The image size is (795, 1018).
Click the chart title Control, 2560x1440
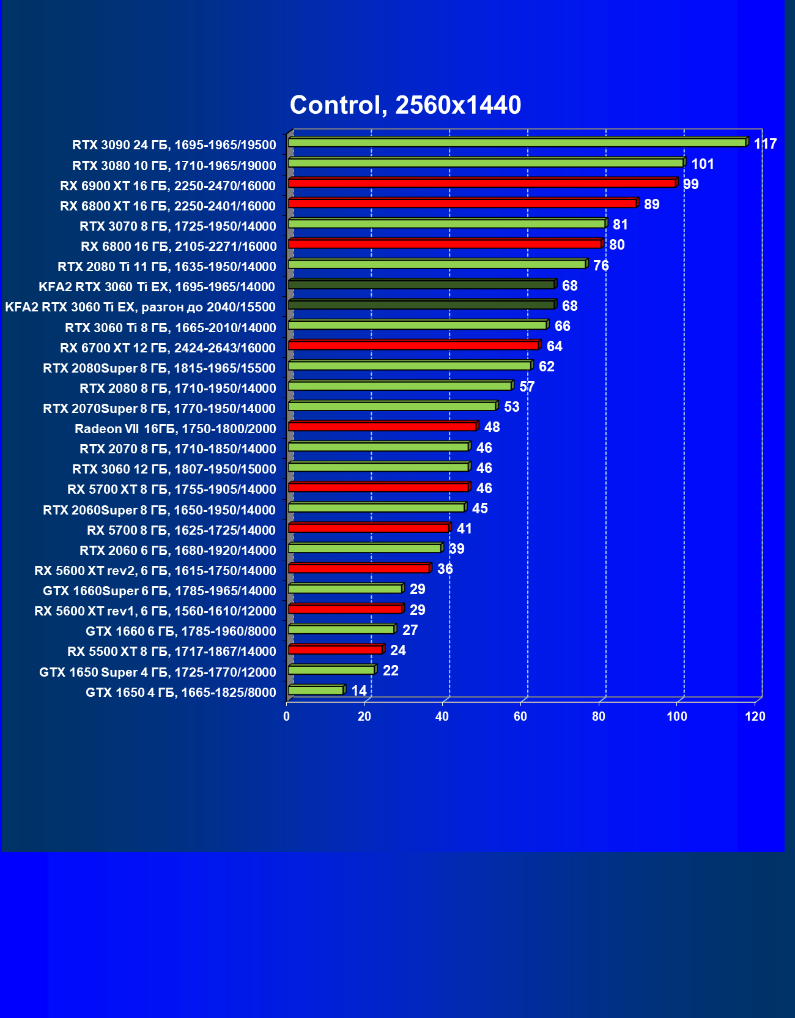[x=405, y=105]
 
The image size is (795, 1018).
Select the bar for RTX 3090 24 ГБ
[x=517, y=143]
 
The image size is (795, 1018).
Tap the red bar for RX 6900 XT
[x=482, y=183]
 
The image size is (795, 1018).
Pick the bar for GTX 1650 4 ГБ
[x=316, y=690]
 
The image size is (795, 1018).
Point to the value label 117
[x=765, y=144]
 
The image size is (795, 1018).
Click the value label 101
[x=703, y=165]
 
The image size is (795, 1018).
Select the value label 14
[x=359, y=691]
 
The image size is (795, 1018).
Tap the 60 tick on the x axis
[x=520, y=716]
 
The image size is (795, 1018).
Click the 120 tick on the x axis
[x=755, y=716]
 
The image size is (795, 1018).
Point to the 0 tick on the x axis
[x=286, y=716]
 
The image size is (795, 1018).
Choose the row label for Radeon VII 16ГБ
[x=176, y=429]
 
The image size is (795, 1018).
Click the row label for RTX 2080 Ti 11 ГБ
[x=167, y=267]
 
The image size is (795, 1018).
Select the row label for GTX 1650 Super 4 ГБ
[x=158, y=672]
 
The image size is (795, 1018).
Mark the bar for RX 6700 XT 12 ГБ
[x=413, y=345]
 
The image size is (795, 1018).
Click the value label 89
[x=652, y=205]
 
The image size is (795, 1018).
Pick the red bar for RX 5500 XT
[x=335, y=649]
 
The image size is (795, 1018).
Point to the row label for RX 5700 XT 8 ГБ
[x=172, y=489]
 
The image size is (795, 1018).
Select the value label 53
[x=511, y=407]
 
